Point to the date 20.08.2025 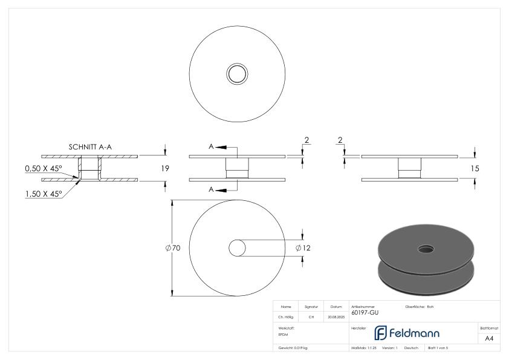(x=336, y=316)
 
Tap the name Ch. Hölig (x=286, y=316)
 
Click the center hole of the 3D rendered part (x=426, y=249)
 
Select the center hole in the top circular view (x=237, y=74)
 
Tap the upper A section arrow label (x=212, y=147)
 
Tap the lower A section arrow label (x=212, y=190)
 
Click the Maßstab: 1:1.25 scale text (x=364, y=348)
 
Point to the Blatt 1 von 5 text (x=438, y=348)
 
